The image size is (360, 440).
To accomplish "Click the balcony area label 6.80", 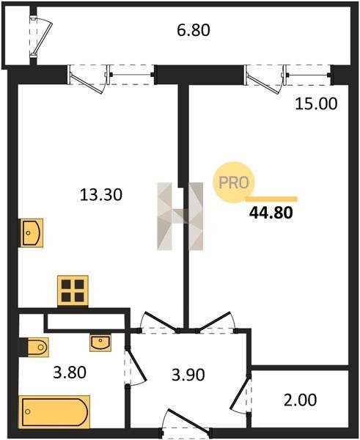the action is [194, 30].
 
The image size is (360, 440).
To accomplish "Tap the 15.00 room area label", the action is [316, 103].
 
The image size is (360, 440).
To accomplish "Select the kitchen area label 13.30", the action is [101, 194].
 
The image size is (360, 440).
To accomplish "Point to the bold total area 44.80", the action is [271, 213].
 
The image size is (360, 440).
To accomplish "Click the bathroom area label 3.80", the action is [70, 373].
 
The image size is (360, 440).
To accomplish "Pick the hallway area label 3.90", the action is [188, 375].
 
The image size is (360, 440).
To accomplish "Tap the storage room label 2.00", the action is [300, 400].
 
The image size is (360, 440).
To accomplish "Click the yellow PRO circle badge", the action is [233, 183].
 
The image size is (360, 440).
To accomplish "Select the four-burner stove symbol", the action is [73, 290].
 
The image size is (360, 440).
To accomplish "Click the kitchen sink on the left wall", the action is [32, 233].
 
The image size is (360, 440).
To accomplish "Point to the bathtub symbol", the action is [54, 412].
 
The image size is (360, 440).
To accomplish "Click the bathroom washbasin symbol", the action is [100, 342].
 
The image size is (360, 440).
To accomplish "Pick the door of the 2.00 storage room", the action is [240, 394].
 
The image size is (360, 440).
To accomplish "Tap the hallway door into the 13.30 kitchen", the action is [158, 323].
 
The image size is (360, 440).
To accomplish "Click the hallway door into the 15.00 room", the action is [216, 323].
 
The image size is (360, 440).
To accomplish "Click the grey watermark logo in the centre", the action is [180, 216].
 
